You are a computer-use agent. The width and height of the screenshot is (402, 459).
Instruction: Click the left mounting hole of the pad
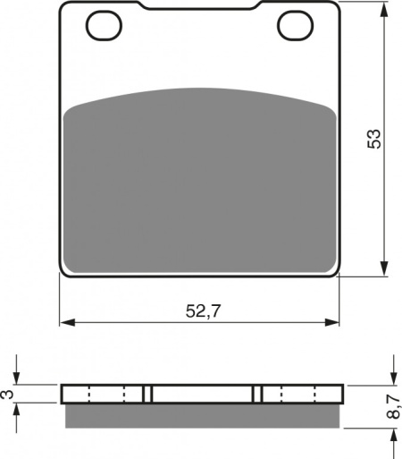[x=104, y=25]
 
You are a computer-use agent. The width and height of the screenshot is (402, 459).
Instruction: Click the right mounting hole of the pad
[x=295, y=25]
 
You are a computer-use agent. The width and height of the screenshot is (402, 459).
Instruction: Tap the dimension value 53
[x=374, y=139]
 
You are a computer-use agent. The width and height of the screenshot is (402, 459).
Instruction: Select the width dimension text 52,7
[x=204, y=311]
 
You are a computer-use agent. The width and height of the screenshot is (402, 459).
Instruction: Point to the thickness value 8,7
[x=394, y=406]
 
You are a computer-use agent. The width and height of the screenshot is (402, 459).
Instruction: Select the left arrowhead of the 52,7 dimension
[x=67, y=322]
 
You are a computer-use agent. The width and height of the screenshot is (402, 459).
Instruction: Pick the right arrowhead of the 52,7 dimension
[x=331, y=322]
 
